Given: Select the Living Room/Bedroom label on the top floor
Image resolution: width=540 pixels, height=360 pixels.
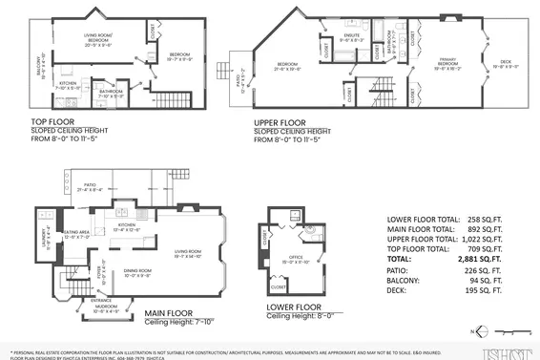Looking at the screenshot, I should point(98,41).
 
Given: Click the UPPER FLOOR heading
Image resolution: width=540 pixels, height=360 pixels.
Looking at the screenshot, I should point(280,123).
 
